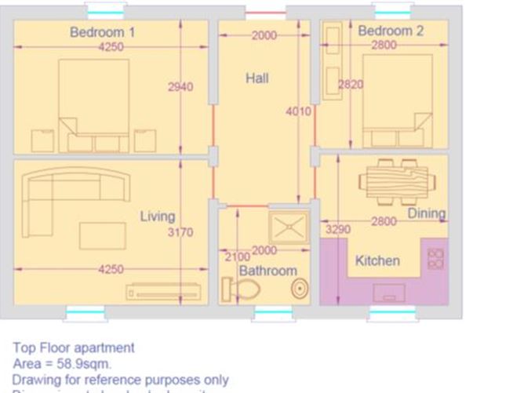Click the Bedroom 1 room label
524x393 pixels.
click(102, 32)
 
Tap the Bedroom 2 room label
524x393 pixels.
click(391, 31)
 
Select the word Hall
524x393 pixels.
click(257, 78)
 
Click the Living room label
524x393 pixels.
click(157, 217)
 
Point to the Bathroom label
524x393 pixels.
click(267, 271)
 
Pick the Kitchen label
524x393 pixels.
click(377, 260)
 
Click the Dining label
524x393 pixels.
click(426, 213)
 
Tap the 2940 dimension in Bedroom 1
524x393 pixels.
click(180, 87)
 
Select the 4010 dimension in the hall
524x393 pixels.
click(298, 111)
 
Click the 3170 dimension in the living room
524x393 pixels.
click(180, 232)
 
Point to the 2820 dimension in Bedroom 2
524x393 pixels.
click(351, 85)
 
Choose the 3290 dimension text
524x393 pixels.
click(337, 230)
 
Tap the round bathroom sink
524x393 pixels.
click(299, 288)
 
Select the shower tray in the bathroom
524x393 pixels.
click(288, 226)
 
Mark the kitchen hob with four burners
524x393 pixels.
click(435, 260)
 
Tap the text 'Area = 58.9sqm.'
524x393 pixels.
click(62, 364)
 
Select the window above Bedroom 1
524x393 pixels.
click(105, 12)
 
